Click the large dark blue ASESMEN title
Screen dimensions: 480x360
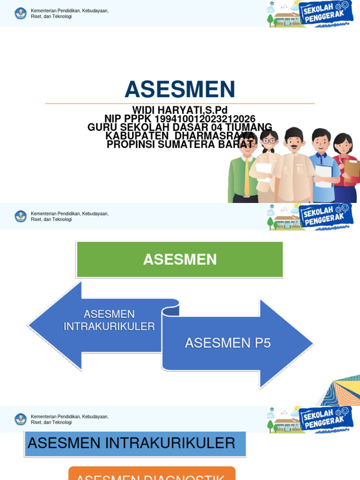click(x=180, y=89)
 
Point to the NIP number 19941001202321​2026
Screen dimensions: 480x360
click(x=205, y=119)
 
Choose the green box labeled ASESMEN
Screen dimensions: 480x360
click(x=180, y=259)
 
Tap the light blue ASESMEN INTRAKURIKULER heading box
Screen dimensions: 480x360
click(x=135, y=443)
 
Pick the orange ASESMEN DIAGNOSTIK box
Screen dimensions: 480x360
click(x=152, y=474)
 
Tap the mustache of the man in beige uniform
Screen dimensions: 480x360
click(x=293, y=146)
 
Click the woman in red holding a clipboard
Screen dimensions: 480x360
click(x=346, y=169)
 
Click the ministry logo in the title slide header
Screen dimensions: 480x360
click(x=21, y=13)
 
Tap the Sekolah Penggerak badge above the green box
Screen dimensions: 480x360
click(x=325, y=217)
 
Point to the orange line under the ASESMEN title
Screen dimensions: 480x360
click(x=180, y=104)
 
